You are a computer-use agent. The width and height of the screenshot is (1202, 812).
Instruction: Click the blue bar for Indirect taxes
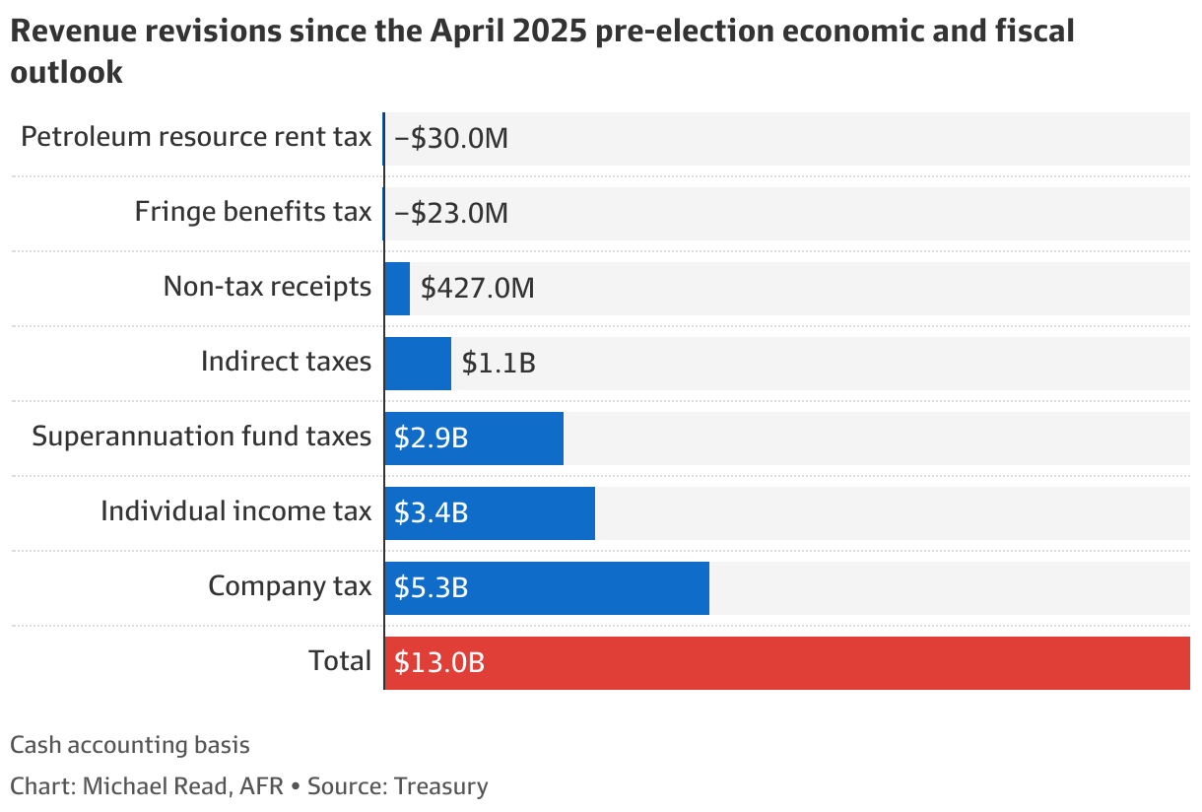point(418,364)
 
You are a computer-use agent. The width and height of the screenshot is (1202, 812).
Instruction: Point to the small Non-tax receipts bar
point(397,289)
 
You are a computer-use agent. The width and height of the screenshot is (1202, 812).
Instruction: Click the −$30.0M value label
point(450,138)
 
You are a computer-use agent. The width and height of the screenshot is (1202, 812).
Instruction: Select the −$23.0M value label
point(450,213)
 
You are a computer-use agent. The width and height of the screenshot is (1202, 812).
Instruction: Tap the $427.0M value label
point(477,289)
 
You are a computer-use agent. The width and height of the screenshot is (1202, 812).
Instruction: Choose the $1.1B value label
point(499,364)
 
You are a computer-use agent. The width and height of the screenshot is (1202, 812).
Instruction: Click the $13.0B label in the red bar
point(439,663)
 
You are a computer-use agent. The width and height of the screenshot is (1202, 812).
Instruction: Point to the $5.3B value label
point(431,588)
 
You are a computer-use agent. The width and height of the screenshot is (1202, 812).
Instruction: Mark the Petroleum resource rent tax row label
point(196,137)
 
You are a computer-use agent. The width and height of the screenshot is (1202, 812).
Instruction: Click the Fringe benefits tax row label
point(253,212)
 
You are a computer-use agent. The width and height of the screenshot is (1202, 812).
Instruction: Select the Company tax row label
point(290,586)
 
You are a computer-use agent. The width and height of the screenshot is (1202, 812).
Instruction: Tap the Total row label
point(340,661)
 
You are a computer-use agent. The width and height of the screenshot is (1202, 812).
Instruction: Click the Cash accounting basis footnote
point(130,745)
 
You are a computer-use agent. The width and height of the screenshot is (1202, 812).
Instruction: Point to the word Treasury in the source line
point(441,786)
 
